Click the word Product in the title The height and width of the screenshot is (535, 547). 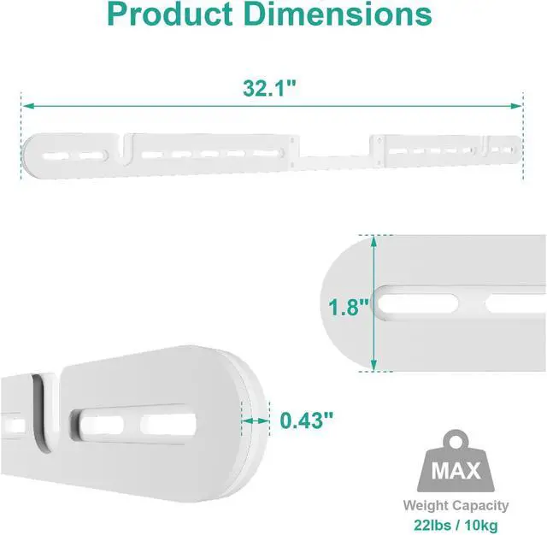pos(170,14)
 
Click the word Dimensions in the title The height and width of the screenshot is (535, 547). pos(338,14)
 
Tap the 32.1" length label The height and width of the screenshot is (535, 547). pos(269,88)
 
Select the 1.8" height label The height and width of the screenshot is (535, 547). pos(348,308)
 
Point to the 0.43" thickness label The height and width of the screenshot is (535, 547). pos(307,420)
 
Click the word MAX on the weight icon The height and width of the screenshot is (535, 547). pos(456,471)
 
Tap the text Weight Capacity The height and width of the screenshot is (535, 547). pos(456,505)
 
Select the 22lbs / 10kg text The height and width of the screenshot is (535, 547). pos(456,525)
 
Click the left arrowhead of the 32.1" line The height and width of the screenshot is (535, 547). pos(28,106)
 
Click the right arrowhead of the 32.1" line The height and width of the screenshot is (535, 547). pos(516,106)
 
